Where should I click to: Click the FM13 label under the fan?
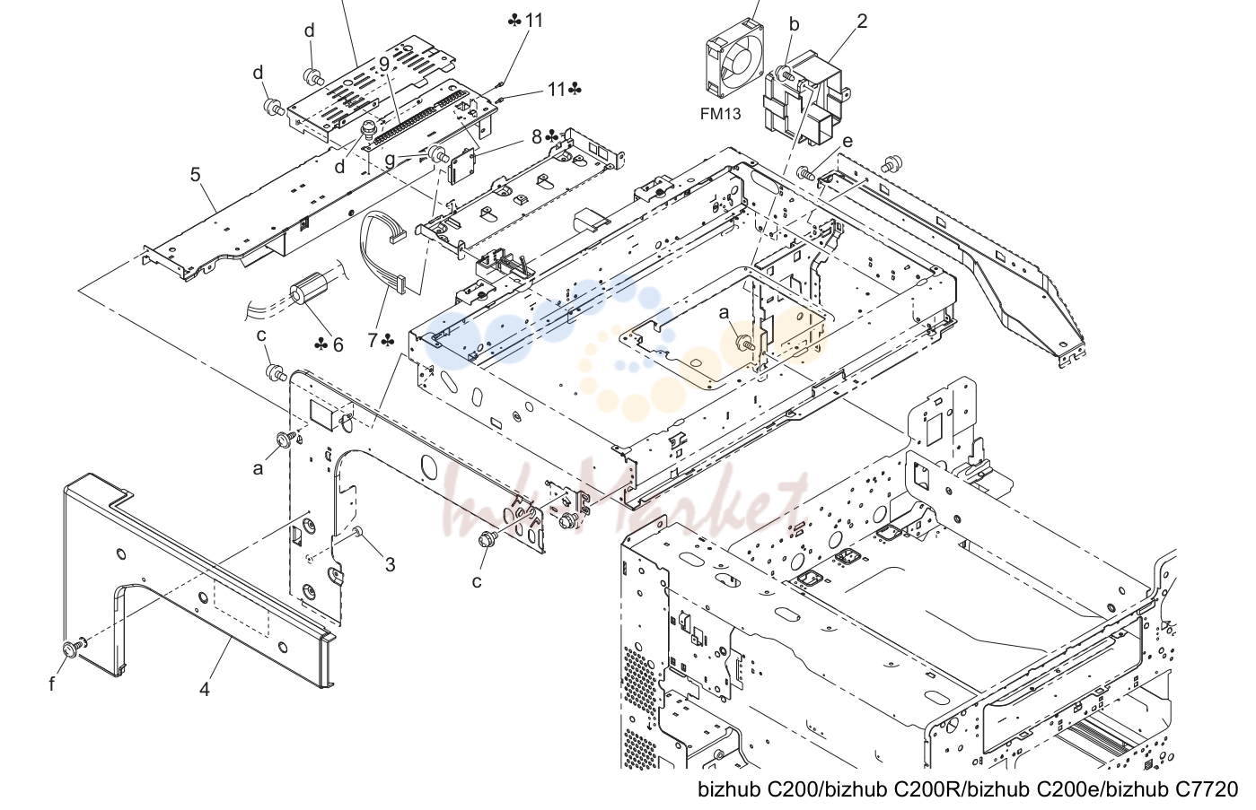click(x=720, y=114)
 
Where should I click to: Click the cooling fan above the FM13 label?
click(x=734, y=57)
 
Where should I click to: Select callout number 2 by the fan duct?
click(x=862, y=22)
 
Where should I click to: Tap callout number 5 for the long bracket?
click(x=195, y=175)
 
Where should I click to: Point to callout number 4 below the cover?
click(x=204, y=689)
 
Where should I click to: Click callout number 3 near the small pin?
click(x=390, y=564)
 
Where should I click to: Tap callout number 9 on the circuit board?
click(x=384, y=65)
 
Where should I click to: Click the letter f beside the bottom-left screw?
click(x=51, y=684)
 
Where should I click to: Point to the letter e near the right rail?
click(x=848, y=141)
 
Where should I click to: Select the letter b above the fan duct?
click(x=794, y=24)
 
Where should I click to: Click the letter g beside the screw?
click(x=390, y=161)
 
